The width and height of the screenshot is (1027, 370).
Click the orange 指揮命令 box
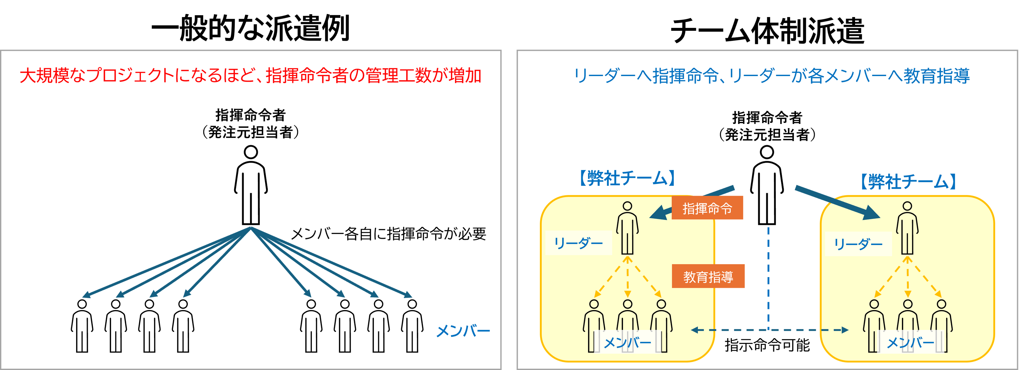tap(707, 208)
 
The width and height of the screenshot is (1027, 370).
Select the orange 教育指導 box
tap(708, 276)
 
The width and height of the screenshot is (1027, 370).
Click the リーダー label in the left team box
tap(578, 243)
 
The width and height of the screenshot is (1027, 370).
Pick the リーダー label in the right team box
tap(858, 244)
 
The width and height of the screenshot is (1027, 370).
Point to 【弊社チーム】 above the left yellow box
tap(627, 178)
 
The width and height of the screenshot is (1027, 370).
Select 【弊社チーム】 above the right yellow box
tap(908, 182)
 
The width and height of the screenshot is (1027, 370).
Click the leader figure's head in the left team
tap(628, 206)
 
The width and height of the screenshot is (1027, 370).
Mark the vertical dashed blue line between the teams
tap(768, 275)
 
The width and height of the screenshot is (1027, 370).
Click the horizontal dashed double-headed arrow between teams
tap(769, 330)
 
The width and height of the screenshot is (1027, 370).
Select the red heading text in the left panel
tap(250, 76)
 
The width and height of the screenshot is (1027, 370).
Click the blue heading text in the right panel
tap(772, 76)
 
